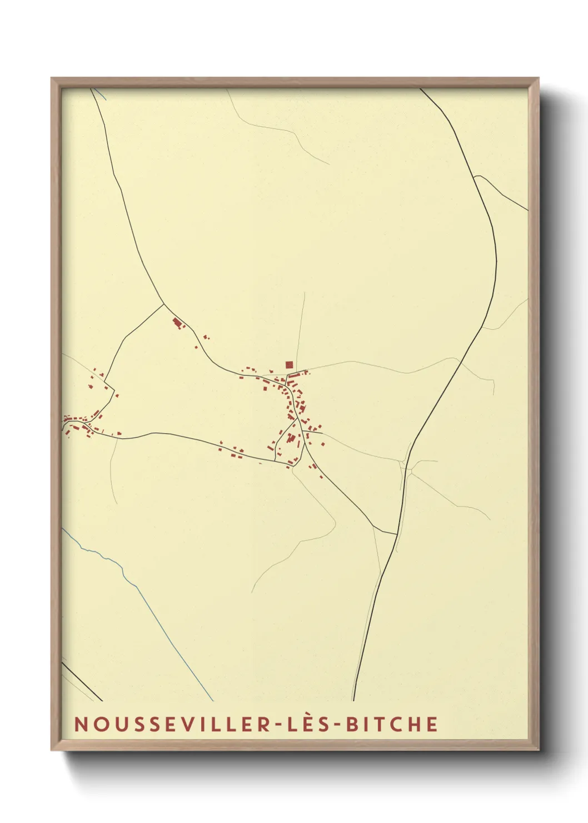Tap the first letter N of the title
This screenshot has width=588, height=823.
coord(80,724)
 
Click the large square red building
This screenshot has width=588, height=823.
coord(289,365)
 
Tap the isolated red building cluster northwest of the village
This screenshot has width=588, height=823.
coord(177,323)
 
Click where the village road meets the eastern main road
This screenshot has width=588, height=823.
coord(396,534)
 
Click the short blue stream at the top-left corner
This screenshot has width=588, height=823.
coord(100,95)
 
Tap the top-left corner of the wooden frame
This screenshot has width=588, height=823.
coord(52,78)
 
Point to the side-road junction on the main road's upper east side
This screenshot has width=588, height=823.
coord(474,177)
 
